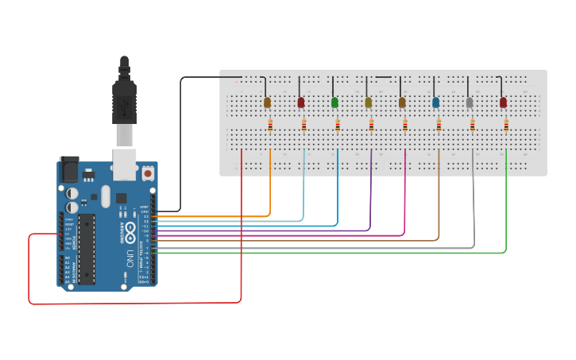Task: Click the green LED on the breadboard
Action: pos(334,103)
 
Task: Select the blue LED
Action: pos(435,103)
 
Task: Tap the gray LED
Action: pos(470,103)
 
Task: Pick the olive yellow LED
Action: pos(368,103)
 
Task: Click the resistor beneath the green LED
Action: pos(338,125)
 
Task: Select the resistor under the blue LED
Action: pos(439,125)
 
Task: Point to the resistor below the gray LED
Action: pos(473,125)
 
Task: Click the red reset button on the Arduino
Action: pos(148,172)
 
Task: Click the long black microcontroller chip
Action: pos(86,248)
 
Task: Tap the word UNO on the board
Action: pos(130,257)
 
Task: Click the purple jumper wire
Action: pos(370,199)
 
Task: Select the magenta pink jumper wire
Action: pos(405,199)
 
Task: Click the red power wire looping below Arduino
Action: pos(135,304)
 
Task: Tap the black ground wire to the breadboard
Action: pos(181,143)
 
